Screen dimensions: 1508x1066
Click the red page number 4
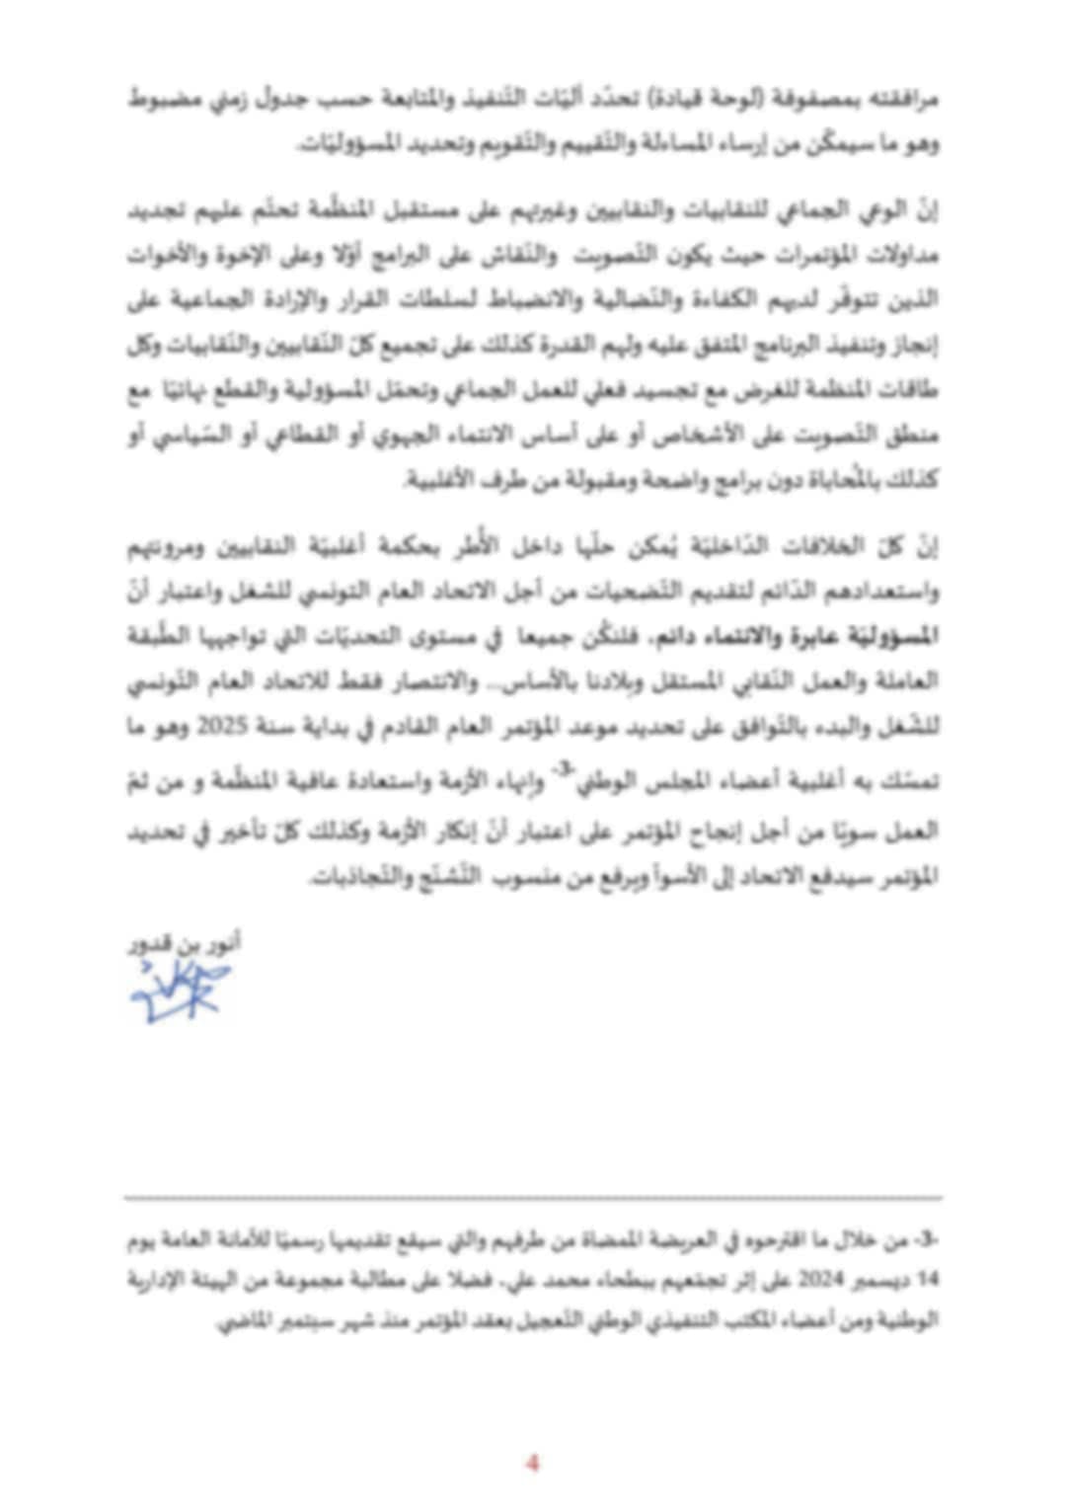(533, 1463)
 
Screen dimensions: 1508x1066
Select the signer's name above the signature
(185, 944)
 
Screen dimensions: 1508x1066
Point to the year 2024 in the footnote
(816, 1280)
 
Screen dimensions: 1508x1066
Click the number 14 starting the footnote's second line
(927, 1280)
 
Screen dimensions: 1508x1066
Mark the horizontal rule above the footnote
(533, 1198)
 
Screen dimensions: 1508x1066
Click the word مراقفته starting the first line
(904, 100)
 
